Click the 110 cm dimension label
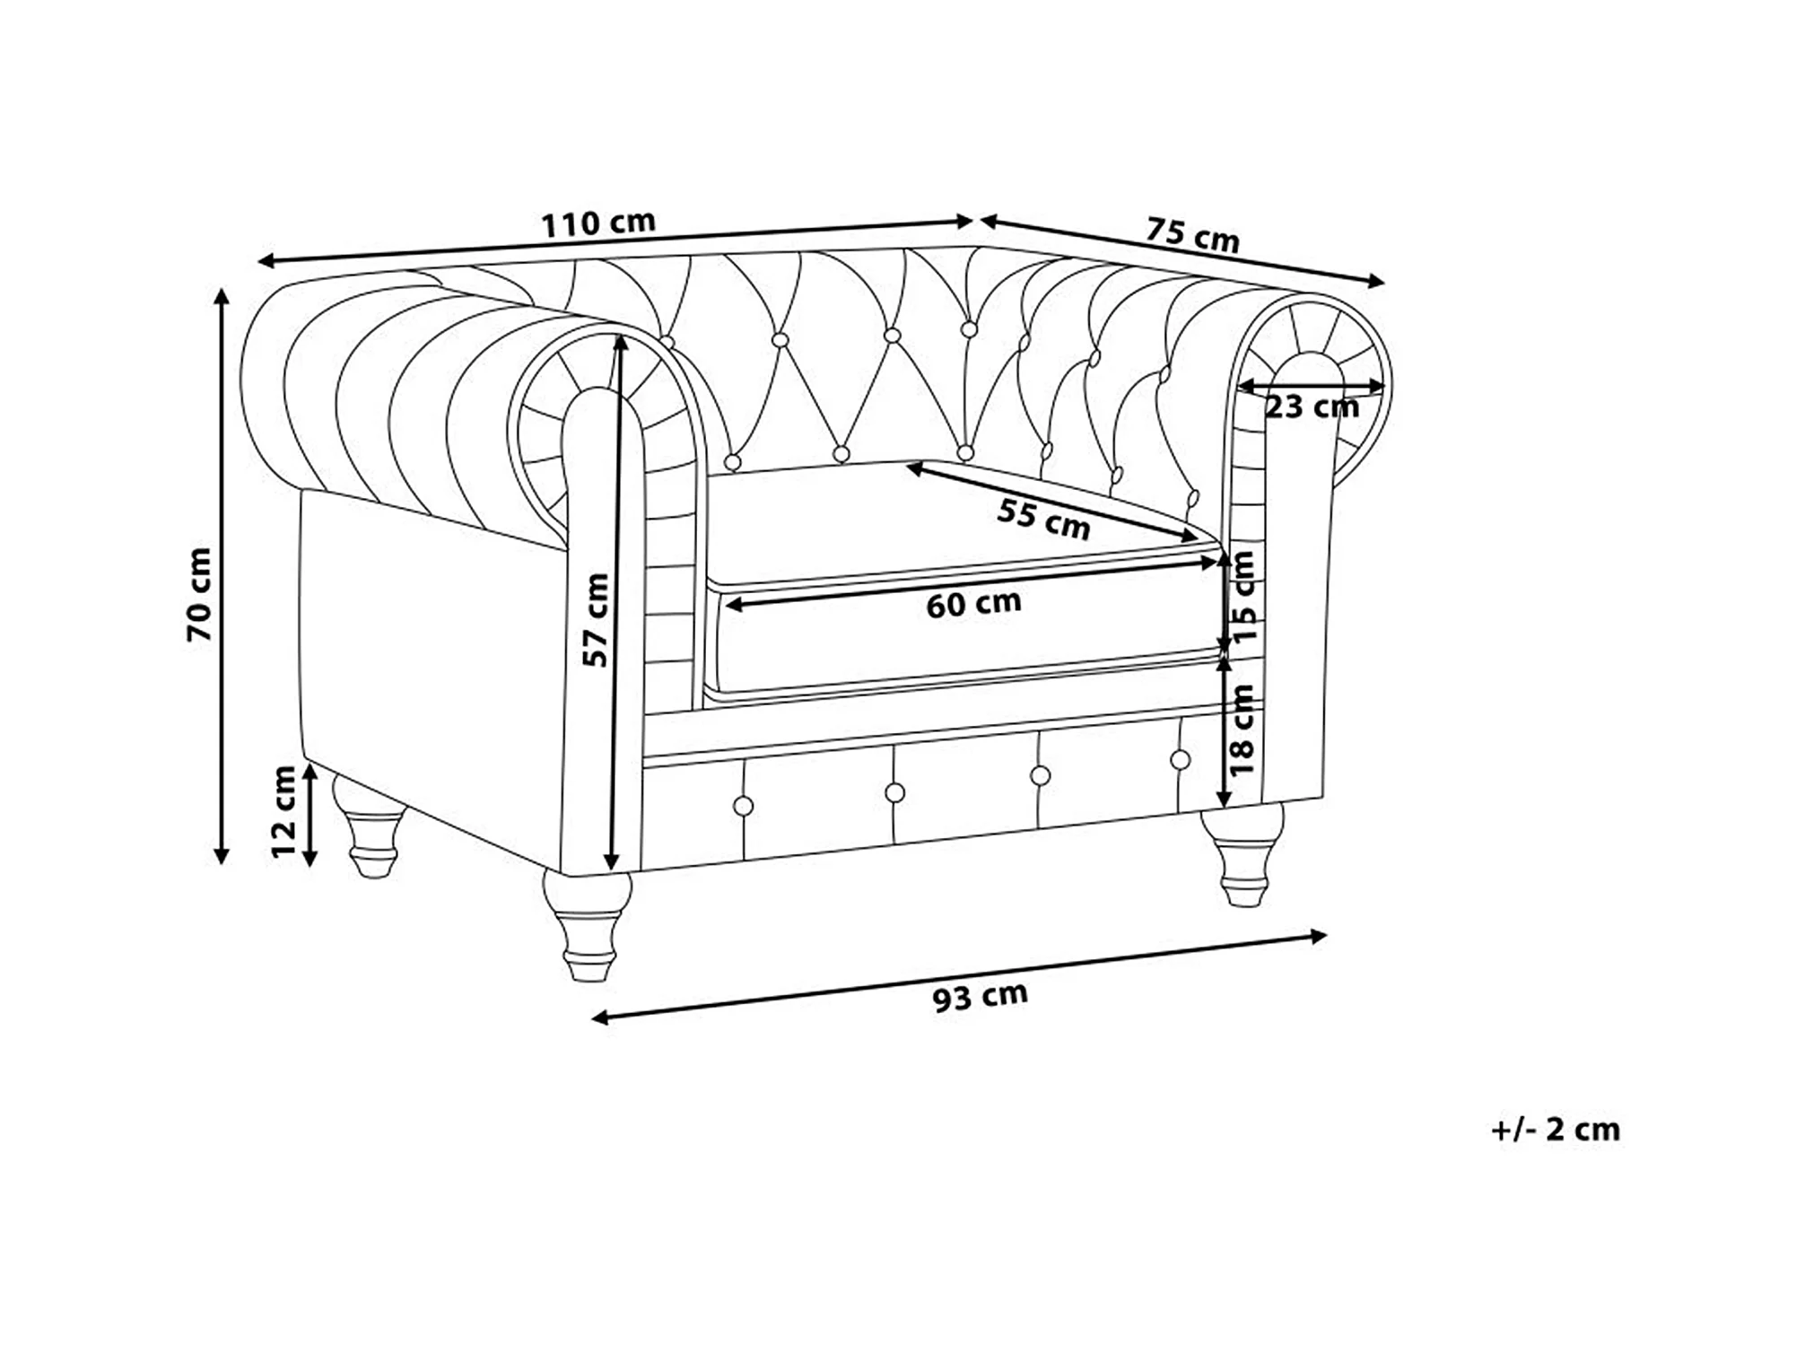click(598, 223)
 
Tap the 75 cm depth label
click(1192, 234)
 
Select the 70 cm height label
click(199, 594)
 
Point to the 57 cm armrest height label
click(596, 620)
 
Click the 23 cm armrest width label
click(1312, 407)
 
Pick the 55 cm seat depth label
click(1043, 519)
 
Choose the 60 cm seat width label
click(973, 604)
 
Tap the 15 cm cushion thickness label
click(1244, 597)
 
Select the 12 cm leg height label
click(283, 811)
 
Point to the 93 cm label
click(980, 996)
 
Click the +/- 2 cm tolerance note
click(1556, 1130)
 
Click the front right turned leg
click(1244, 853)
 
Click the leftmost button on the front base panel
click(743, 806)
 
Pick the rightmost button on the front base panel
click(1181, 760)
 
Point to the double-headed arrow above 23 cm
click(1311, 387)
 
